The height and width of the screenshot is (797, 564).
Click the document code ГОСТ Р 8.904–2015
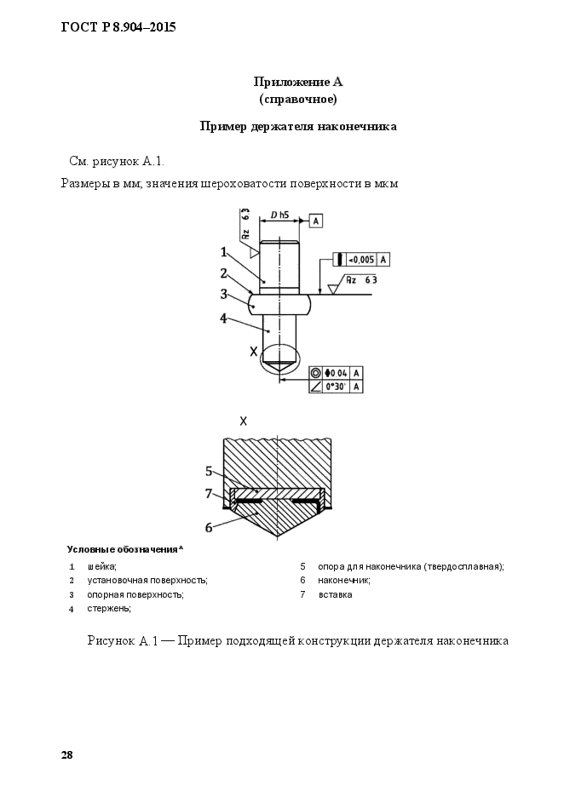click(x=118, y=28)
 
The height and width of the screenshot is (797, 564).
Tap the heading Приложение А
click(x=297, y=83)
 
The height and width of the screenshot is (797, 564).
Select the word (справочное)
click(x=297, y=100)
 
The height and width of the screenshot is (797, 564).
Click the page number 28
click(x=66, y=755)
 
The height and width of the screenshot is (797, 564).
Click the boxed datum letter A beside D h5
click(x=315, y=221)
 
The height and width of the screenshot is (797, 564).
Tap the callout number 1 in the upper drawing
click(x=223, y=251)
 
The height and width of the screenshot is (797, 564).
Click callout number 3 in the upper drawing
click(x=223, y=295)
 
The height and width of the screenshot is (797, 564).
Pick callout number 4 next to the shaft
click(x=223, y=318)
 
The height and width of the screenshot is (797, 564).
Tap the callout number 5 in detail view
click(x=208, y=471)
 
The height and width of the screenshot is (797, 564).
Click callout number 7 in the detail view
click(x=208, y=493)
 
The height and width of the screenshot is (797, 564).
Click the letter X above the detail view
click(x=244, y=421)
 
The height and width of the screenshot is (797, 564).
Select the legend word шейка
click(x=101, y=566)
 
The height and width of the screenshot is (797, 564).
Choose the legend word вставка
click(x=335, y=594)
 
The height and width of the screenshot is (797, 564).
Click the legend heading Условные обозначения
click(x=125, y=548)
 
